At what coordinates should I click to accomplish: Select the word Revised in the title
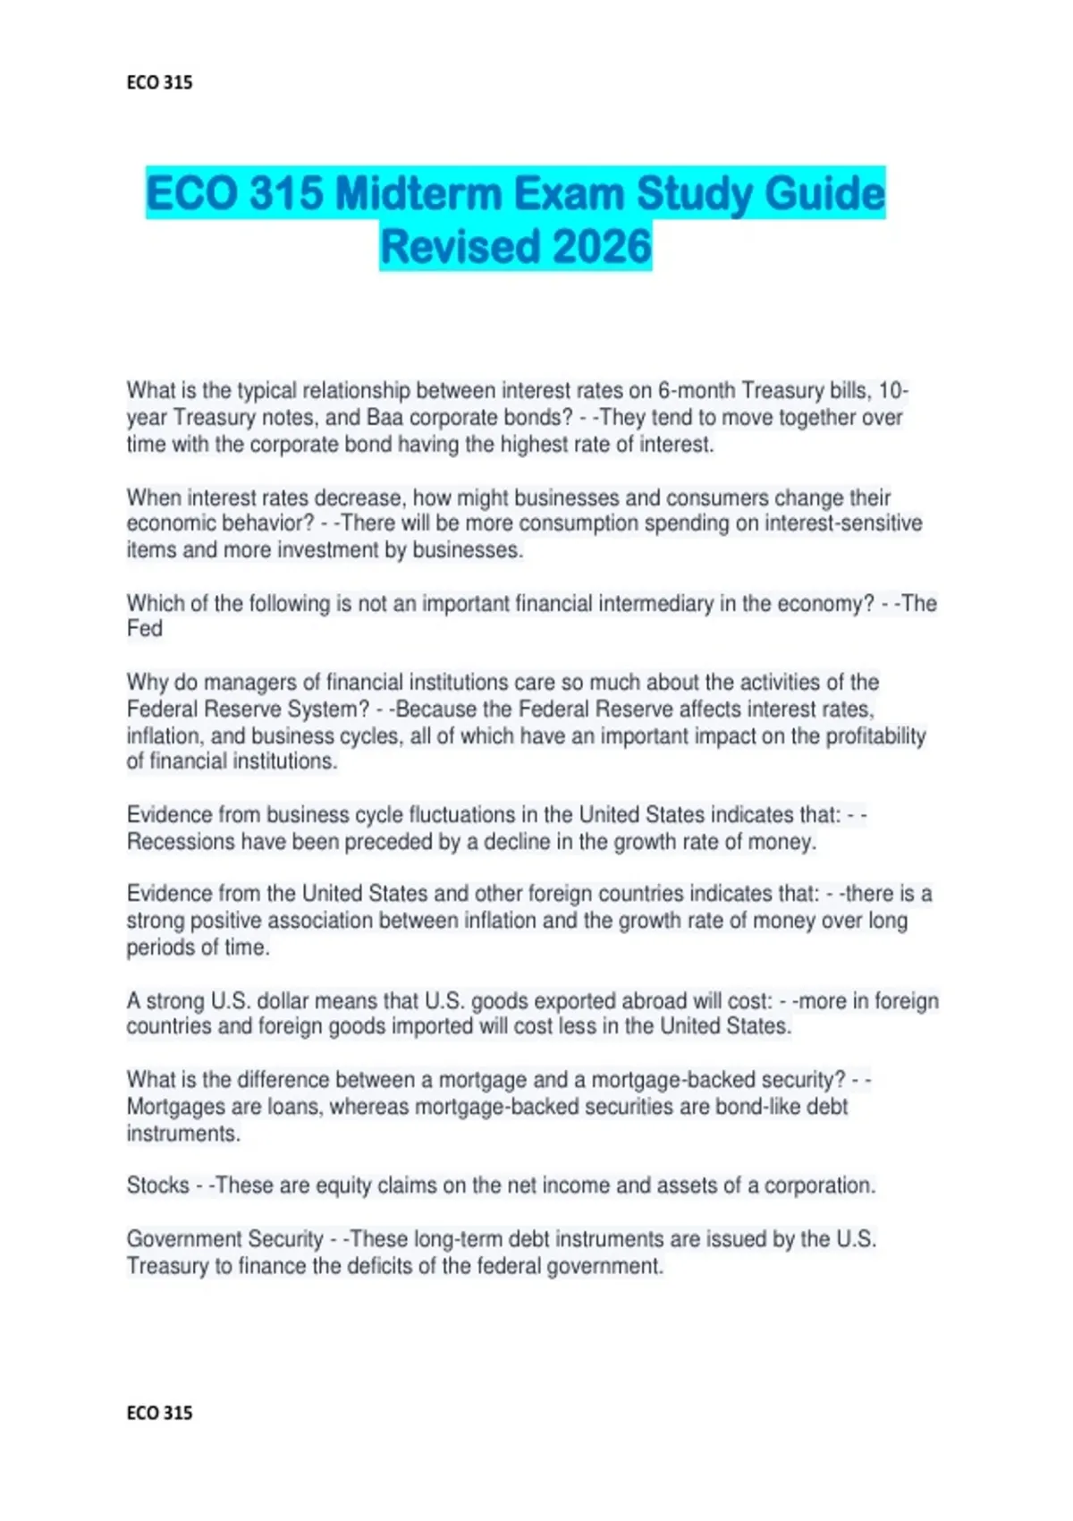click(x=453, y=247)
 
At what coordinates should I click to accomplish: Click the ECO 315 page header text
click(x=159, y=82)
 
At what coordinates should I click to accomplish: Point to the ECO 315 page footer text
click(x=159, y=1413)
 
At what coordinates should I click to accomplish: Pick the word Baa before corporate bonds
click(x=384, y=418)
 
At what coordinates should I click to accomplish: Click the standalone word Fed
click(x=144, y=629)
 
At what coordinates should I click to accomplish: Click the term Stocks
click(x=157, y=1185)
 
